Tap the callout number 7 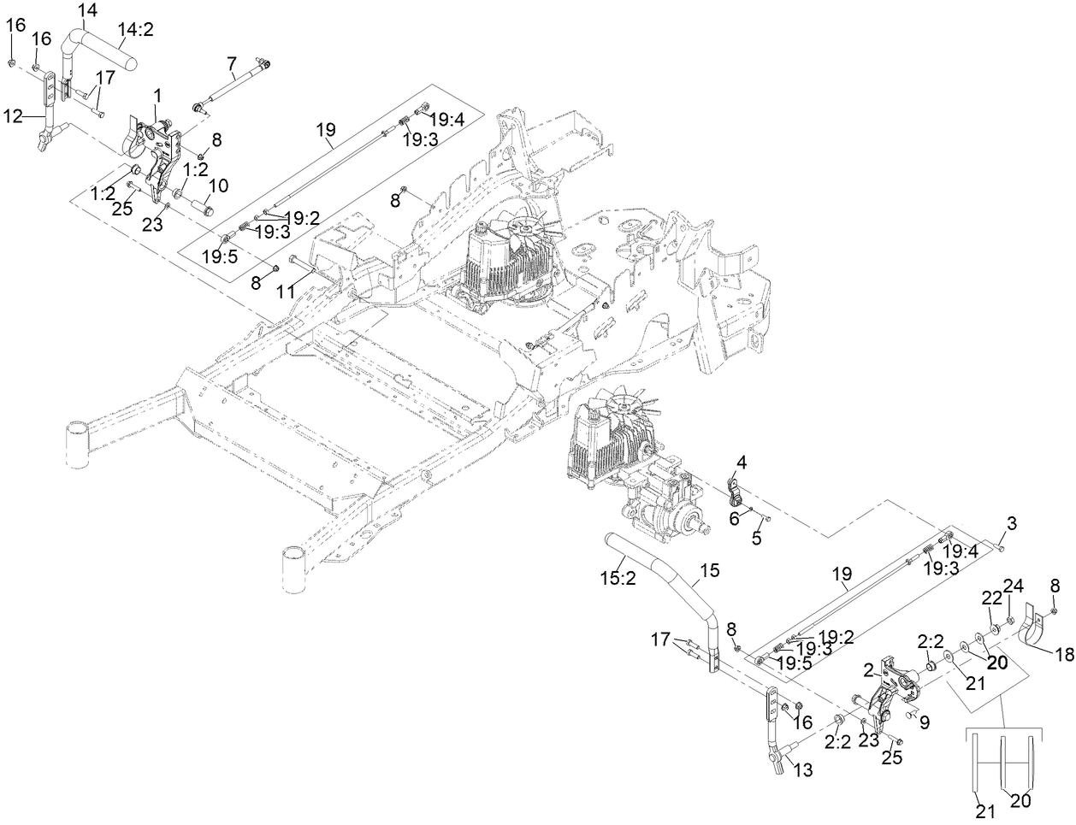(231, 62)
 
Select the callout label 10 (218, 185)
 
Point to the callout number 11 (285, 292)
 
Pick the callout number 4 (741, 463)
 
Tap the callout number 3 (1011, 522)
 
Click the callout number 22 (990, 600)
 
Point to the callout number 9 (924, 722)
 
